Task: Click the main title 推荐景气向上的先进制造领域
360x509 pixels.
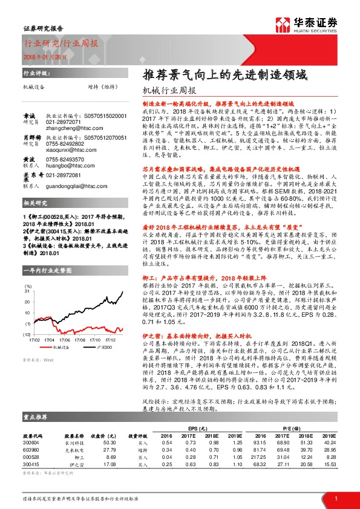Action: point(225,76)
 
